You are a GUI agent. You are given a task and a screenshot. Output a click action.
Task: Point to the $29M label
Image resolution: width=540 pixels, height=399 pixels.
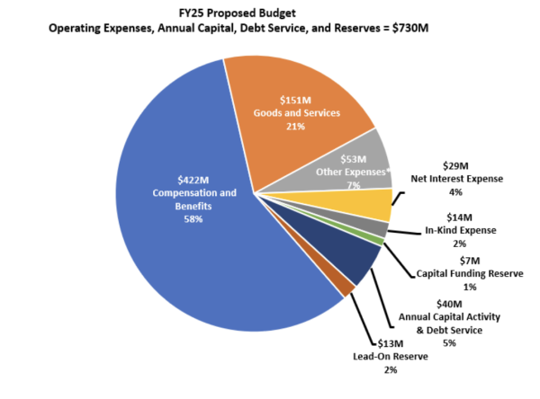pyautogui.click(x=457, y=165)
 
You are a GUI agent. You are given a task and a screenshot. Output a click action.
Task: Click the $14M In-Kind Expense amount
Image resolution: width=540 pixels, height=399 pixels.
pyautogui.click(x=461, y=217)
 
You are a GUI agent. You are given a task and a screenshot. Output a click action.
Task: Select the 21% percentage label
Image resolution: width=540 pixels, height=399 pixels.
pyautogui.click(x=297, y=127)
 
